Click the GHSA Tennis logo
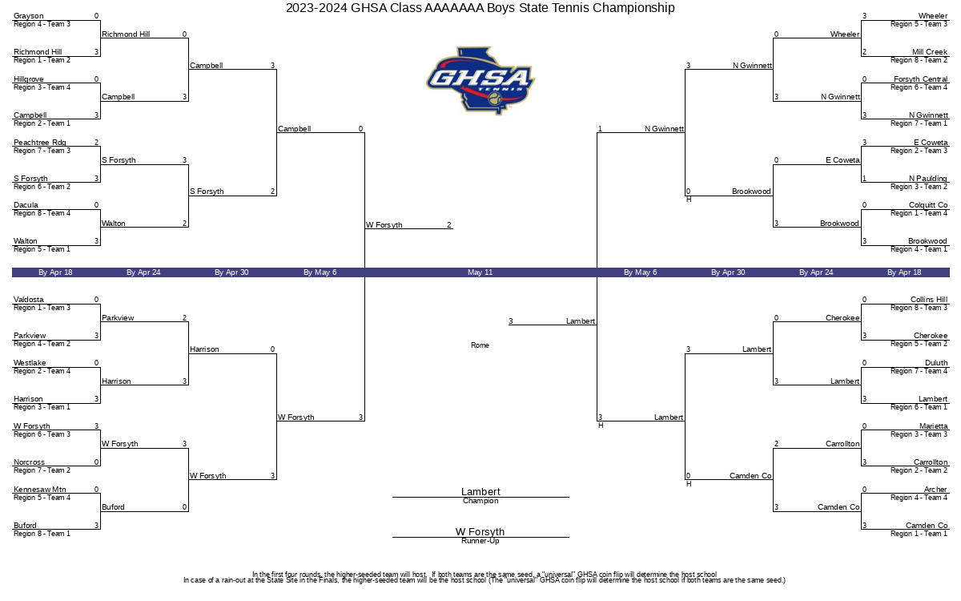click(480, 80)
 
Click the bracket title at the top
click(480, 8)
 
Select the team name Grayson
click(28, 16)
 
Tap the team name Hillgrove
click(28, 79)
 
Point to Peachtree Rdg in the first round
click(39, 142)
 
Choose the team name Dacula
click(26, 205)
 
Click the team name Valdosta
click(28, 299)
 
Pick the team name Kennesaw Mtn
click(39, 489)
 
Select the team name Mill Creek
click(930, 51)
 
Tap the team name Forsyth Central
click(921, 79)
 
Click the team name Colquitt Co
click(928, 205)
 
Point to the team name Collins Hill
click(929, 299)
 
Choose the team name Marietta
click(934, 426)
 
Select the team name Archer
click(935, 489)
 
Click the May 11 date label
click(480, 272)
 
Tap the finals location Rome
click(480, 345)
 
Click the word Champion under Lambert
click(480, 501)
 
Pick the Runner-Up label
click(480, 540)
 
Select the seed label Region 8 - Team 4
click(42, 213)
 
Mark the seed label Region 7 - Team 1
click(919, 123)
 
